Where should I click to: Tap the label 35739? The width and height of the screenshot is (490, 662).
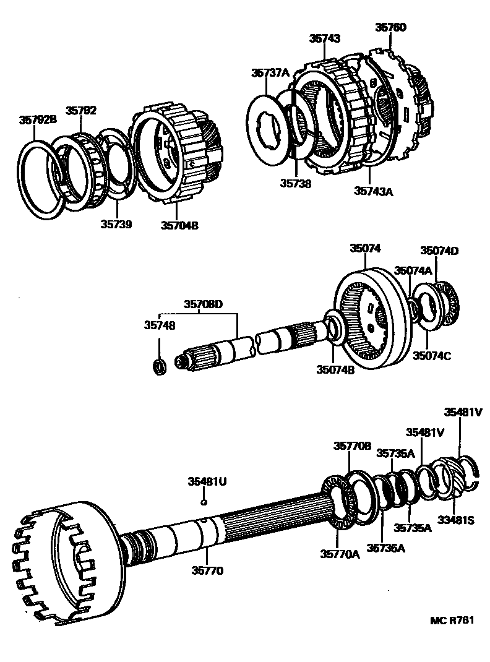[117, 223]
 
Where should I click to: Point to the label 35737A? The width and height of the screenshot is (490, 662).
[270, 72]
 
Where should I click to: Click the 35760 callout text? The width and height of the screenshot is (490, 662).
[391, 27]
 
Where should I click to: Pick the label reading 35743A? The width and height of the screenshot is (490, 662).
[374, 191]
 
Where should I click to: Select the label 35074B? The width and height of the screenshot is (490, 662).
[335, 370]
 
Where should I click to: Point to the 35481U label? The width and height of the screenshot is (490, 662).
[206, 480]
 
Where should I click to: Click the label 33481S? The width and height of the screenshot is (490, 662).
[456, 520]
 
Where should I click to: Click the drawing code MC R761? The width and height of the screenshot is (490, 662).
[456, 621]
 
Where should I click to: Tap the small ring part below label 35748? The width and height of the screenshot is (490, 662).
[160, 366]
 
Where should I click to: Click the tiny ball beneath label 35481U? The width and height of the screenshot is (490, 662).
[204, 502]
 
